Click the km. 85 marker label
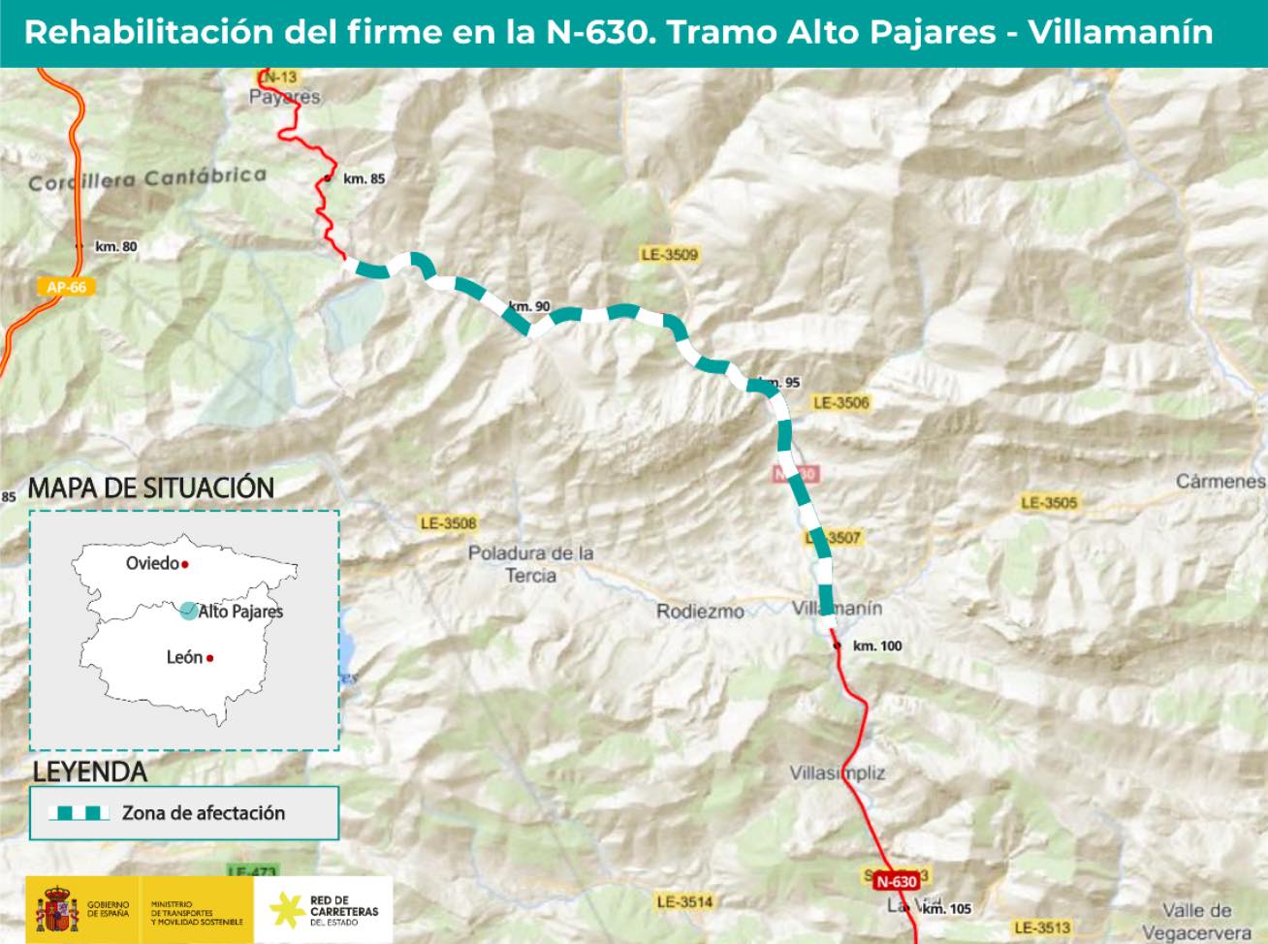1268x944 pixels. (x=364, y=178)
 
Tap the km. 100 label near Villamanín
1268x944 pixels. (x=876, y=645)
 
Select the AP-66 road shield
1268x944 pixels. (x=66, y=287)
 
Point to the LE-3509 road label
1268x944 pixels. (x=669, y=255)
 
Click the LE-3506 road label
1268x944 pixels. (x=841, y=402)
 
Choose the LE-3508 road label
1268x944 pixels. (x=449, y=523)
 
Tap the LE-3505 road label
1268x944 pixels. (x=1049, y=503)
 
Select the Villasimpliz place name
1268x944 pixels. (x=838, y=773)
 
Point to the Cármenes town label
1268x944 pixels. (x=1220, y=481)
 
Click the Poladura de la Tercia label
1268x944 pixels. (x=530, y=564)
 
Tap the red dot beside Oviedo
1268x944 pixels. (x=185, y=564)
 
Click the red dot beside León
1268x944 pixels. (x=209, y=658)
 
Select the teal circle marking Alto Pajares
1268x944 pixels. (x=187, y=610)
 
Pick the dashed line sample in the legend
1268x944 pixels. (x=79, y=813)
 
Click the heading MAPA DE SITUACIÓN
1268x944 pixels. (x=151, y=488)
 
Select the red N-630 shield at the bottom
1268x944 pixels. (x=895, y=881)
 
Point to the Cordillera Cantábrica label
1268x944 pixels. (x=147, y=179)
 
